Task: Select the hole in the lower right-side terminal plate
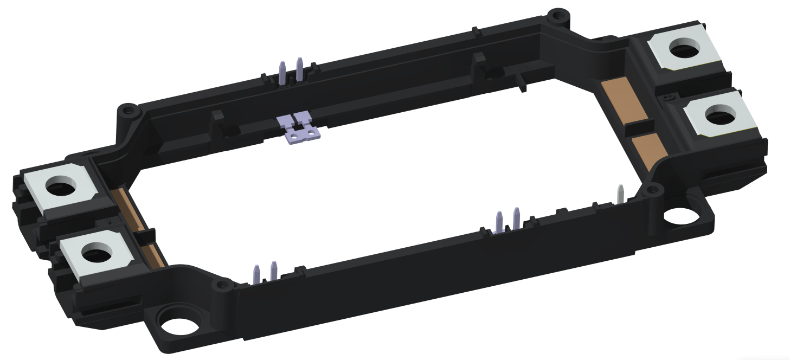(717, 115)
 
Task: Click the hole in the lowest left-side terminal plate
(94, 252)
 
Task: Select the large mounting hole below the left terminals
(178, 325)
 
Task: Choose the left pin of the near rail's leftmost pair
(257, 274)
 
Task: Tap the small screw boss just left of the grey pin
(652, 190)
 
